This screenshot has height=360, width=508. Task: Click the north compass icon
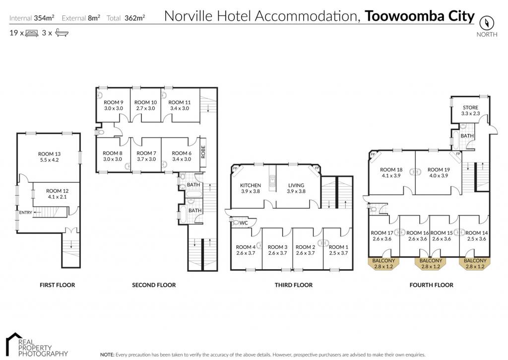pos(487,23)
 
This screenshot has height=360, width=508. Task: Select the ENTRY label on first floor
pos(26,213)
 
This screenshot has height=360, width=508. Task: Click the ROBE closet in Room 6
pos(203,152)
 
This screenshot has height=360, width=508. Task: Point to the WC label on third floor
pos(244,223)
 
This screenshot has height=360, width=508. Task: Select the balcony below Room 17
pos(383,263)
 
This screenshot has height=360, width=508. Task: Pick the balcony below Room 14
pos(475,263)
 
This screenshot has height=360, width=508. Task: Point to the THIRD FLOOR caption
pos(294,285)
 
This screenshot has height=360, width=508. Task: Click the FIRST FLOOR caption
pos(58,285)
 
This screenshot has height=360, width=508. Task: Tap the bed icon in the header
pos(31,33)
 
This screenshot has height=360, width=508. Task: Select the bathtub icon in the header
pos(61,33)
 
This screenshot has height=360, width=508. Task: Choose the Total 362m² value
pos(135,18)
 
